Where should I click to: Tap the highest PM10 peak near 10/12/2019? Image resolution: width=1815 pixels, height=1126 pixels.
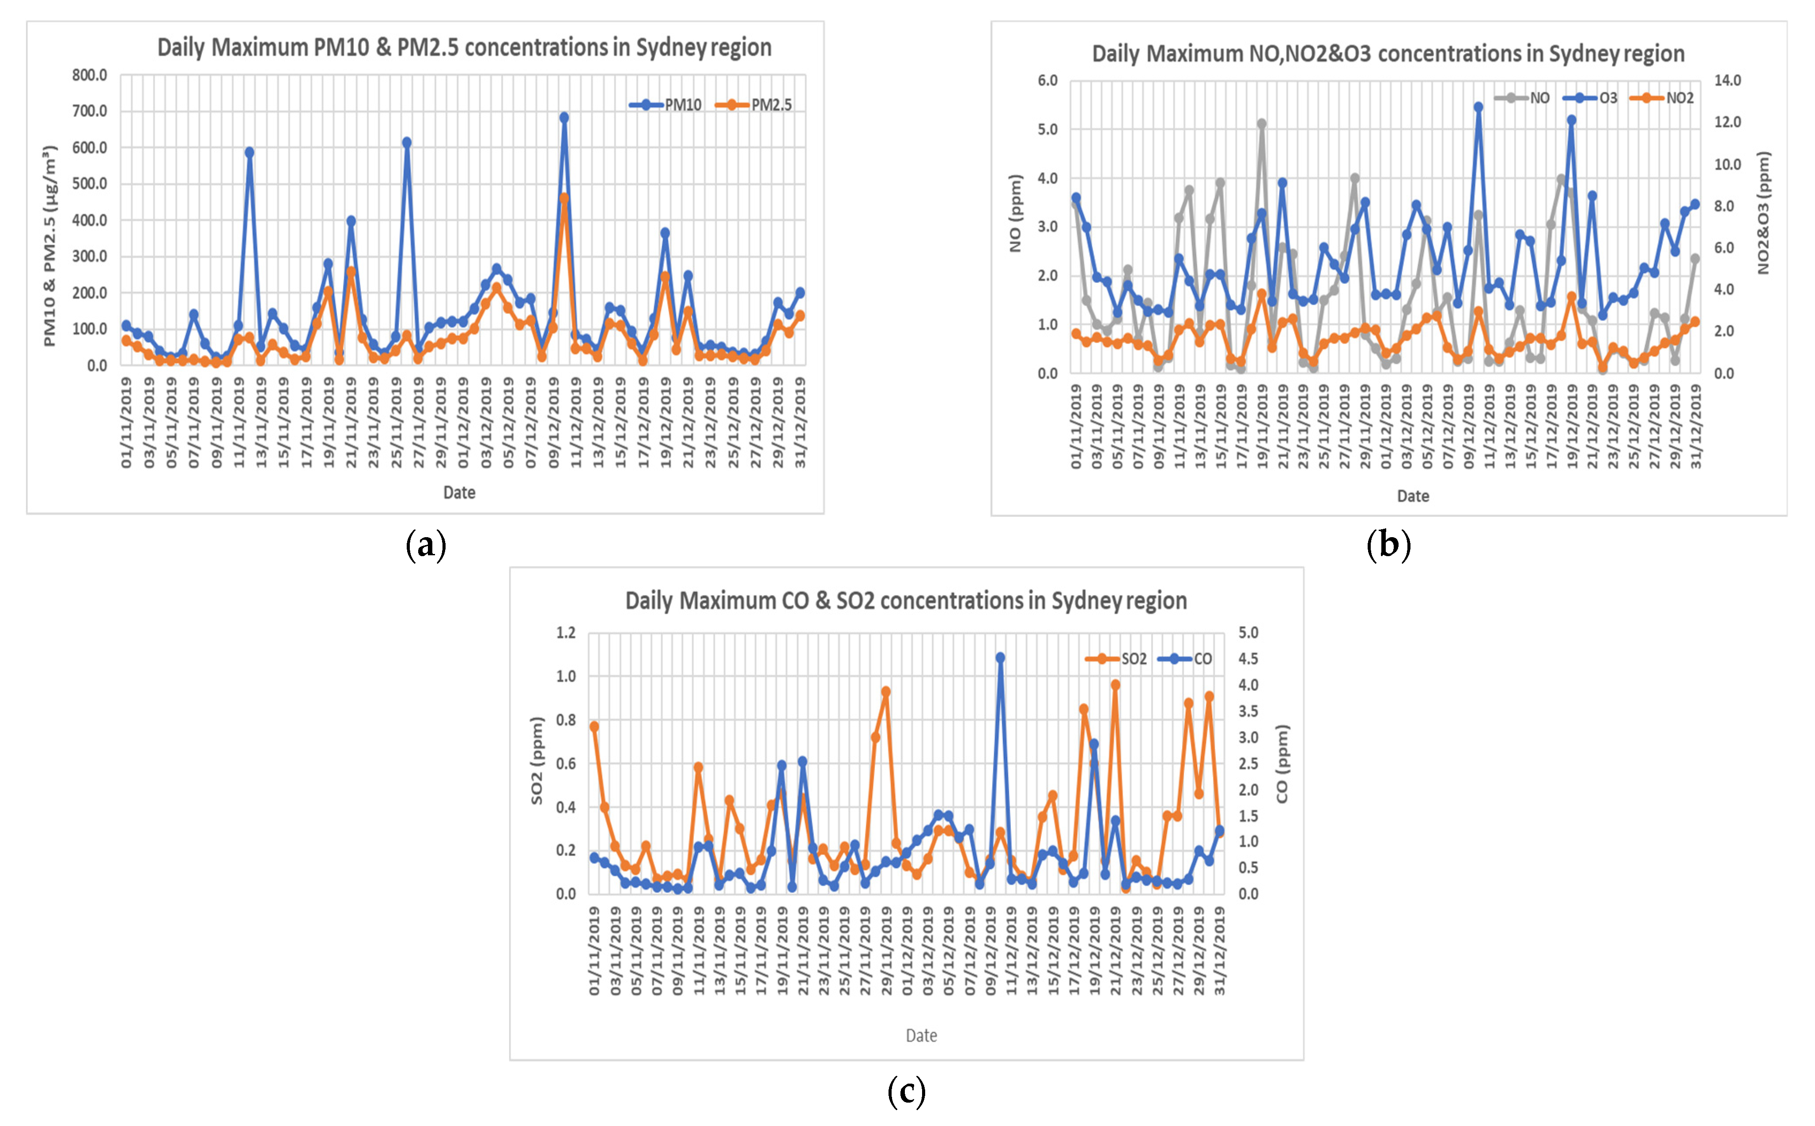(564, 118)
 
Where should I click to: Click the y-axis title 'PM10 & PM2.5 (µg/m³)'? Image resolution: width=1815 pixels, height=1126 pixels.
(49, 246)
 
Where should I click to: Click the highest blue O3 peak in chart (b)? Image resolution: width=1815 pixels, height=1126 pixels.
(1478, 107)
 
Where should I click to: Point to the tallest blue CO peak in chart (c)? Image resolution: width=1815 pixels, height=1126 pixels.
(1000, 658)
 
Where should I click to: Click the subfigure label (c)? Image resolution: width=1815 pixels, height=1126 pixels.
(907, 1091)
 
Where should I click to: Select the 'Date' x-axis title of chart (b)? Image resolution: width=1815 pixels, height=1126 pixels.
(1413, 496)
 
